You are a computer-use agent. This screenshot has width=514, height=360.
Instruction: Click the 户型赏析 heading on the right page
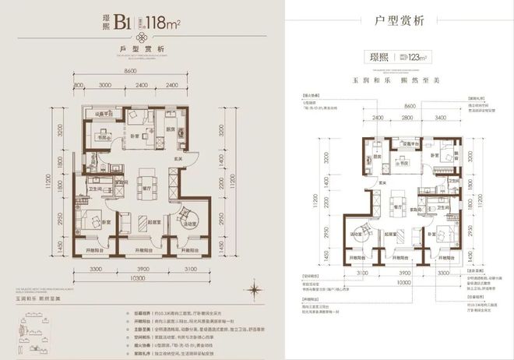pyautogui.click(x=401, y=19)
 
